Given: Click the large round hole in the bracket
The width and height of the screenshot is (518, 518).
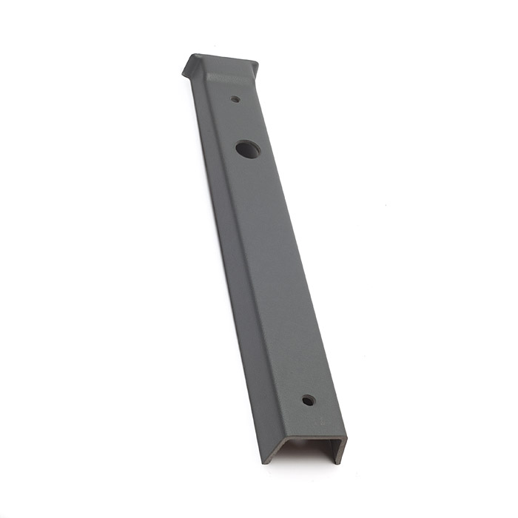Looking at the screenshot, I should pos(248,149).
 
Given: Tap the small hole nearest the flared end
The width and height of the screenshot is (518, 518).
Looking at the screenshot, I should pos(235,98).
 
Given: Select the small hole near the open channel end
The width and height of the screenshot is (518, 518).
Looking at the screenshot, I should pos(309,400).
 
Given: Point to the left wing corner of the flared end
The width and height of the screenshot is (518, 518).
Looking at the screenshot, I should pos(186,72).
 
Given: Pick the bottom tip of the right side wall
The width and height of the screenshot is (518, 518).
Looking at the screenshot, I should pos(339,462).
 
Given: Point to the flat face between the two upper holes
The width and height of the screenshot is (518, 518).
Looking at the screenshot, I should pos(240,122).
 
